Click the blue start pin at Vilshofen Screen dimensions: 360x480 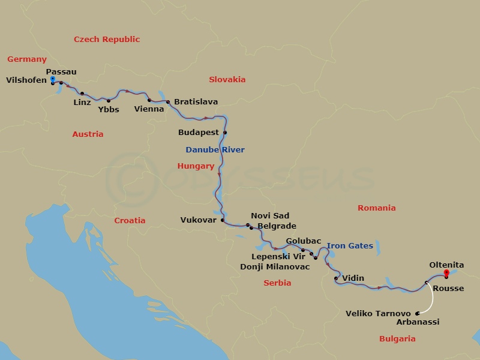point(52,79)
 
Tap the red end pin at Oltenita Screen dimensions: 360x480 point(446,274)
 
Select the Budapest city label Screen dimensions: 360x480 point(199,133)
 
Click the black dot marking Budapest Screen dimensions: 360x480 point(225,133)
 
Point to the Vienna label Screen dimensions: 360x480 point(149,109)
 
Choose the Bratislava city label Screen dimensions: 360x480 point(196,102)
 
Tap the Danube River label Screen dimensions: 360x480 point(215,149)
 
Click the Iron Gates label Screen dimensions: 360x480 point(350,245)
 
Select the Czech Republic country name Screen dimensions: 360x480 point(107,39)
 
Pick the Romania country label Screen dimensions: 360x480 point(376,208)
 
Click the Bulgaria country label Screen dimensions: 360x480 point(397,338)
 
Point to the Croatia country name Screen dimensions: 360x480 point(130,220)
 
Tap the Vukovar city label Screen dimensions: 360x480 point(198,220)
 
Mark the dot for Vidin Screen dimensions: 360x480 point(336,278)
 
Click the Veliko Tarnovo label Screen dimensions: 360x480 point(379,313)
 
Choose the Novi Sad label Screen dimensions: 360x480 point(270,216)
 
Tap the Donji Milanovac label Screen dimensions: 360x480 point(275,266)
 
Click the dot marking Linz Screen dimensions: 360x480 point(82,94)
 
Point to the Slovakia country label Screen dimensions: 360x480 point(227,79)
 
